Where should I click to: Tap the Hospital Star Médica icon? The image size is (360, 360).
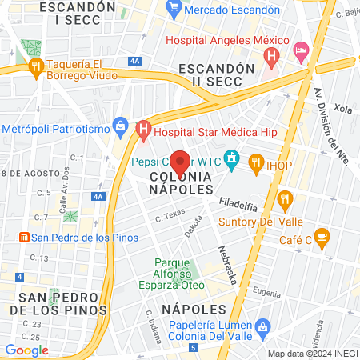click(x=144, y=127)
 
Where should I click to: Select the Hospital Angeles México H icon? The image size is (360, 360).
click(x=272, y=57)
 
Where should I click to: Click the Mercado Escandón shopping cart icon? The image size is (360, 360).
click(x=174, y=10)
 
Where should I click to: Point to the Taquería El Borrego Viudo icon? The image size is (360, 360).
click(x=35, y=66)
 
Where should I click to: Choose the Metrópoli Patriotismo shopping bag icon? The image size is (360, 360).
click(x=121, y=125)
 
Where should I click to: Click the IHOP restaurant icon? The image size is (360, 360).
click(x=256, y=164)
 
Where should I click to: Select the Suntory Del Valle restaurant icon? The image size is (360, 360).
click(x=284, y=199)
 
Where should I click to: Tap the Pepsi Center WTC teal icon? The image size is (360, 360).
click(x=231, y=158)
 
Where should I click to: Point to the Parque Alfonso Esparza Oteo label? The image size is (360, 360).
click(x=179, y=274)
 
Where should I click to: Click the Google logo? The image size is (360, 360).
click(x=26, y=350)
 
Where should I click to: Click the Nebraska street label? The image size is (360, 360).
click(x=227, y=265)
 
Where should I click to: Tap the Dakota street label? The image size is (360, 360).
click(x=194, y=227)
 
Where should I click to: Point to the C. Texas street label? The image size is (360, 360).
click(x=170, y=216)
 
